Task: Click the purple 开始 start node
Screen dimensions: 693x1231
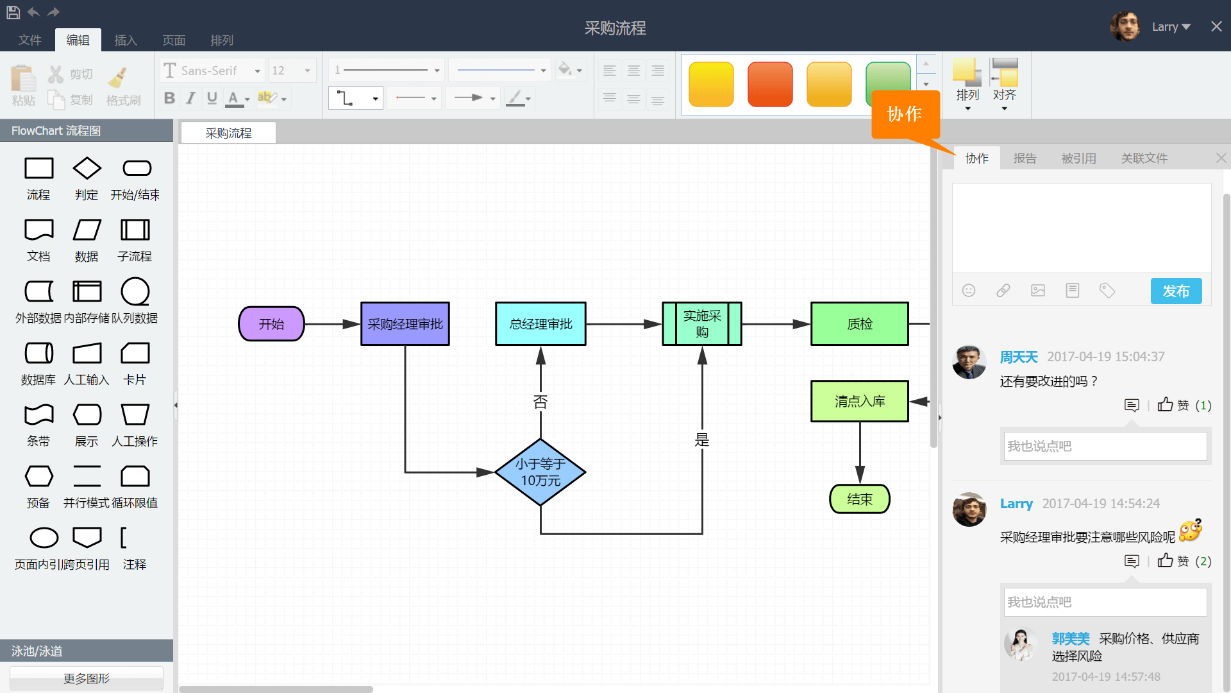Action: [271, 324]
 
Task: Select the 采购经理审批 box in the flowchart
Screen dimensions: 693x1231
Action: [405, 324]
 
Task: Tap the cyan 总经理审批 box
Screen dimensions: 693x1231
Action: [540, 324]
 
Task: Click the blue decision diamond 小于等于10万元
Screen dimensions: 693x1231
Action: [540, 472]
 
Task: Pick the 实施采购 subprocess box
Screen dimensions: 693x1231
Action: [702, 324]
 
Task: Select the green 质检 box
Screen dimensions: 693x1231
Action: [860, 324]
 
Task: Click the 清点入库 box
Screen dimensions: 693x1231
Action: [860, 401]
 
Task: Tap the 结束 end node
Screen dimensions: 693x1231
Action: [860, 499]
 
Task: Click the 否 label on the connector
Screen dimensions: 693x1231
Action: [540, 402]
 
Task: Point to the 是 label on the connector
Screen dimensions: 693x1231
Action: [702, 440]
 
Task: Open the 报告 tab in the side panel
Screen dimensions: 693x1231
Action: [1025, 158]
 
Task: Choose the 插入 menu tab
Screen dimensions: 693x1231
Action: [126, 40]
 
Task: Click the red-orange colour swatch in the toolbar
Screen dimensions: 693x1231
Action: [770, 84]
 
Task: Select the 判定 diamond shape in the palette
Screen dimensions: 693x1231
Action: [87, 169]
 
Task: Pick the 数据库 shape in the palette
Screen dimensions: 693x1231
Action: [38, 354]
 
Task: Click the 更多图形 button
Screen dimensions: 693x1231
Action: [87, 678]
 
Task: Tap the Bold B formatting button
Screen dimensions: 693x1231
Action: [169, 98]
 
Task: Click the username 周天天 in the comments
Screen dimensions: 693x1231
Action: [1019, 357]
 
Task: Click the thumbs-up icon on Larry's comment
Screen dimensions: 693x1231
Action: [1165, 561]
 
